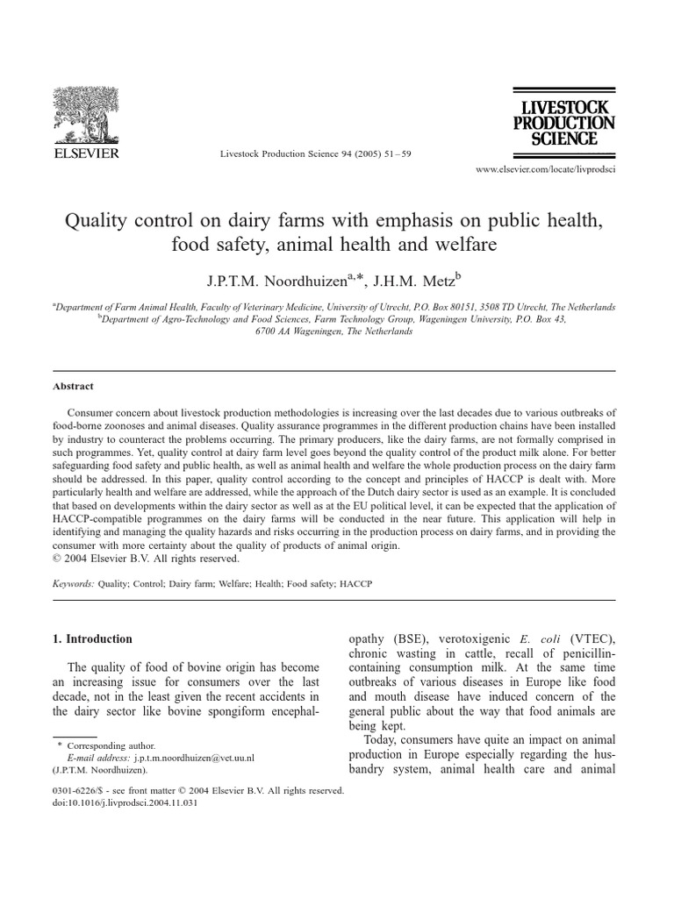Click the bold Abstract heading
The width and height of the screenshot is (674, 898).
point(73,386)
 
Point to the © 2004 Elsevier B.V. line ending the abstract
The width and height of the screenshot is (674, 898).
point(146,558)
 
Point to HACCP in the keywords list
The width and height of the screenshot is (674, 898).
point(354,582)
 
